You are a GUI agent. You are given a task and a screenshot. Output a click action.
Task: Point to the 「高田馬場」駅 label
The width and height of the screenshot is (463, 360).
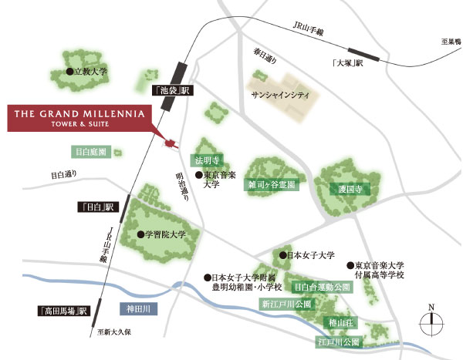tap(64, 311)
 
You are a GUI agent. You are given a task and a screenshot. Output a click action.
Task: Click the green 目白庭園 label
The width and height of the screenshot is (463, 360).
tap(91, 152)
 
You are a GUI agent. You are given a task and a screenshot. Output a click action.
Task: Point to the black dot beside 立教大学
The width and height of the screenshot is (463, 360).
tap(69, 71)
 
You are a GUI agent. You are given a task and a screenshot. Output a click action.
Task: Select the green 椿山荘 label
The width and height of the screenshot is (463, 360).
tap(340, 322)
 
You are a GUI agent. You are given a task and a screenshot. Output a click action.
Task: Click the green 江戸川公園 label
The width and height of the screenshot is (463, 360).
tap(340, 340)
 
